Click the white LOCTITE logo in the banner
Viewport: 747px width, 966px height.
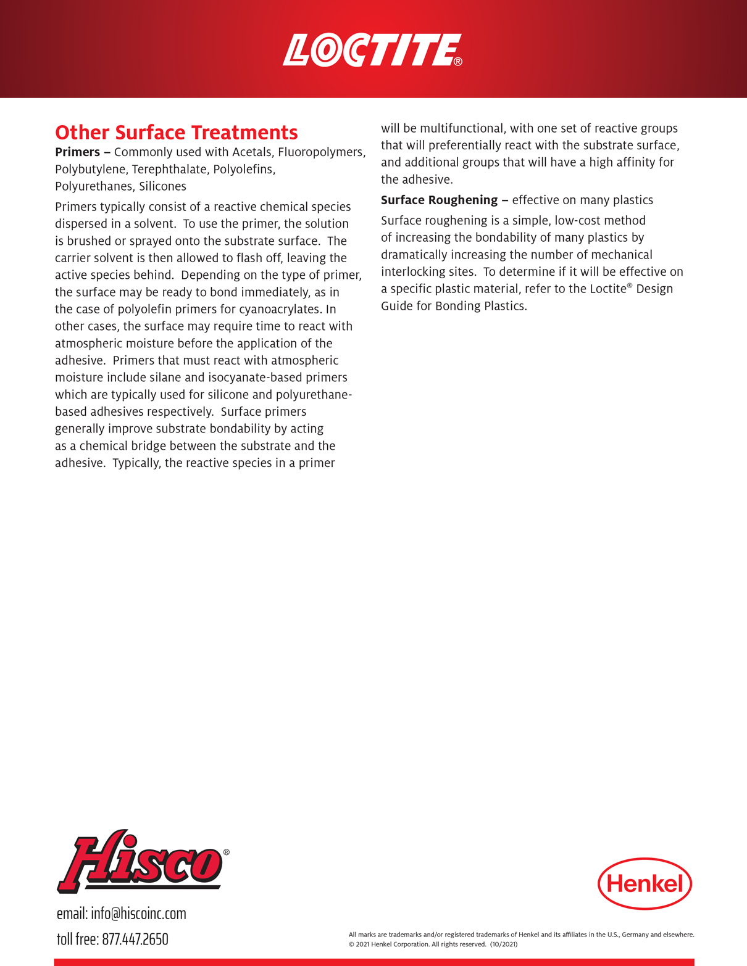(372, 50)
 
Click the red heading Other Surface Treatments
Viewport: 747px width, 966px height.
(177, 133)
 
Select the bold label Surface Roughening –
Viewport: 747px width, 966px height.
(444, 200)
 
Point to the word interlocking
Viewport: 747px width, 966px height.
(412, 272)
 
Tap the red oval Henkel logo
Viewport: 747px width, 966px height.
(645, 883)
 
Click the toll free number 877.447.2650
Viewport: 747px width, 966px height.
(135, 939)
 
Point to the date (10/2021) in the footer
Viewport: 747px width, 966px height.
(504, 944)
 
